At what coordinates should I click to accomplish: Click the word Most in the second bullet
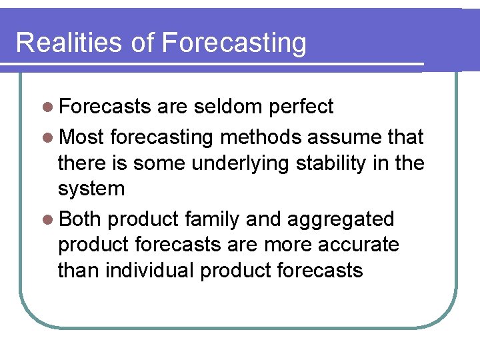[x=82, y=137]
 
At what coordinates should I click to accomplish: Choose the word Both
[x=80, y=219]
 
